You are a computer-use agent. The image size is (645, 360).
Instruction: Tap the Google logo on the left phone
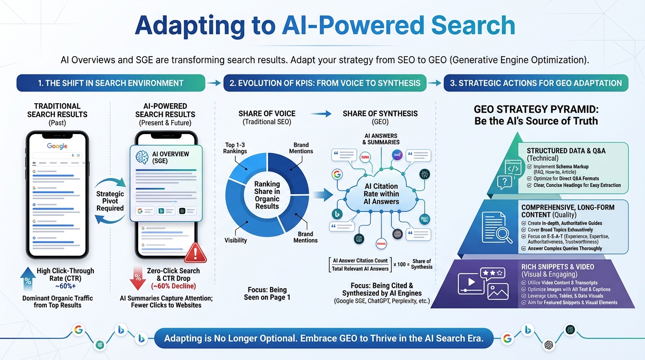[x=57, y=146]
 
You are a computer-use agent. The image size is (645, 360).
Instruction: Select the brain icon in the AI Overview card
[x=141, y=157]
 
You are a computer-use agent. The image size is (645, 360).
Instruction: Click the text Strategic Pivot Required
[x=110, y=201]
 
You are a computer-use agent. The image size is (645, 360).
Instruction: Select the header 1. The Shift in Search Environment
[x=111, y=83]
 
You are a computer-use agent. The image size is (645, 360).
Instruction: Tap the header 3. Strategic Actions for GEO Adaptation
[x=536, y=83]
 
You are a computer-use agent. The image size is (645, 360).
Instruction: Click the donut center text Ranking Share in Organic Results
[x=267, y=195]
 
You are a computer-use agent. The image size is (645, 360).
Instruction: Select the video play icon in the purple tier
[x=471, y=282]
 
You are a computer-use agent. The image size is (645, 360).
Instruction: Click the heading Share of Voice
[x=267, y=113]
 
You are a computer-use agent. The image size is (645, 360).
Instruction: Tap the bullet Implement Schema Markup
[x=560, y=166]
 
